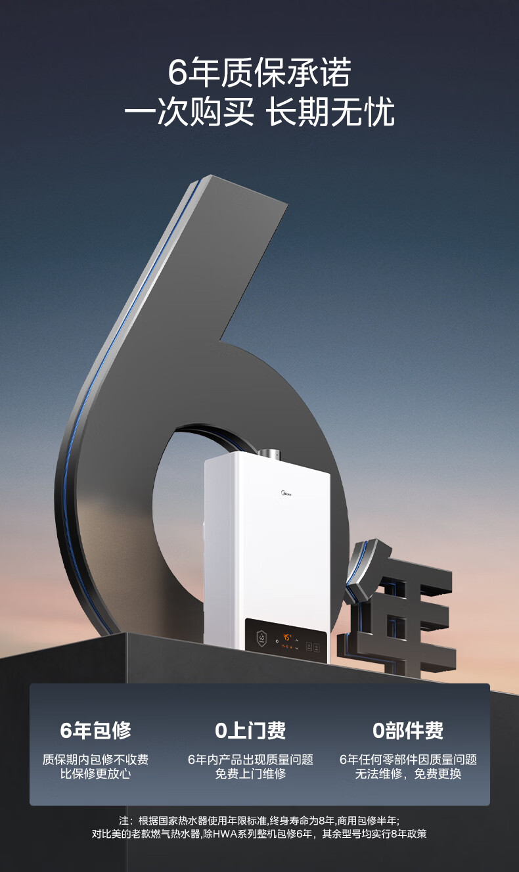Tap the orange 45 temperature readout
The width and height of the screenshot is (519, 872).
click(x=286, y=637)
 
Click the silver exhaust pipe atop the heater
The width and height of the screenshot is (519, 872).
click(x=268, y=454)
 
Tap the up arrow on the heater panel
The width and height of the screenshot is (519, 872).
click(x=296, y=641)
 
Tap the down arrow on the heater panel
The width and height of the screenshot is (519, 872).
click(x=296, y=648)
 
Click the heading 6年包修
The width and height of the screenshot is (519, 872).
click(x=95, y=731)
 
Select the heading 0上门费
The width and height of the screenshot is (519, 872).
click(x=250, y=731)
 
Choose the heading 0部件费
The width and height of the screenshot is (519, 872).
click(x=408, y=731)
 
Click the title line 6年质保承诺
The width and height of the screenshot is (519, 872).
click(x=259, y=72)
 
